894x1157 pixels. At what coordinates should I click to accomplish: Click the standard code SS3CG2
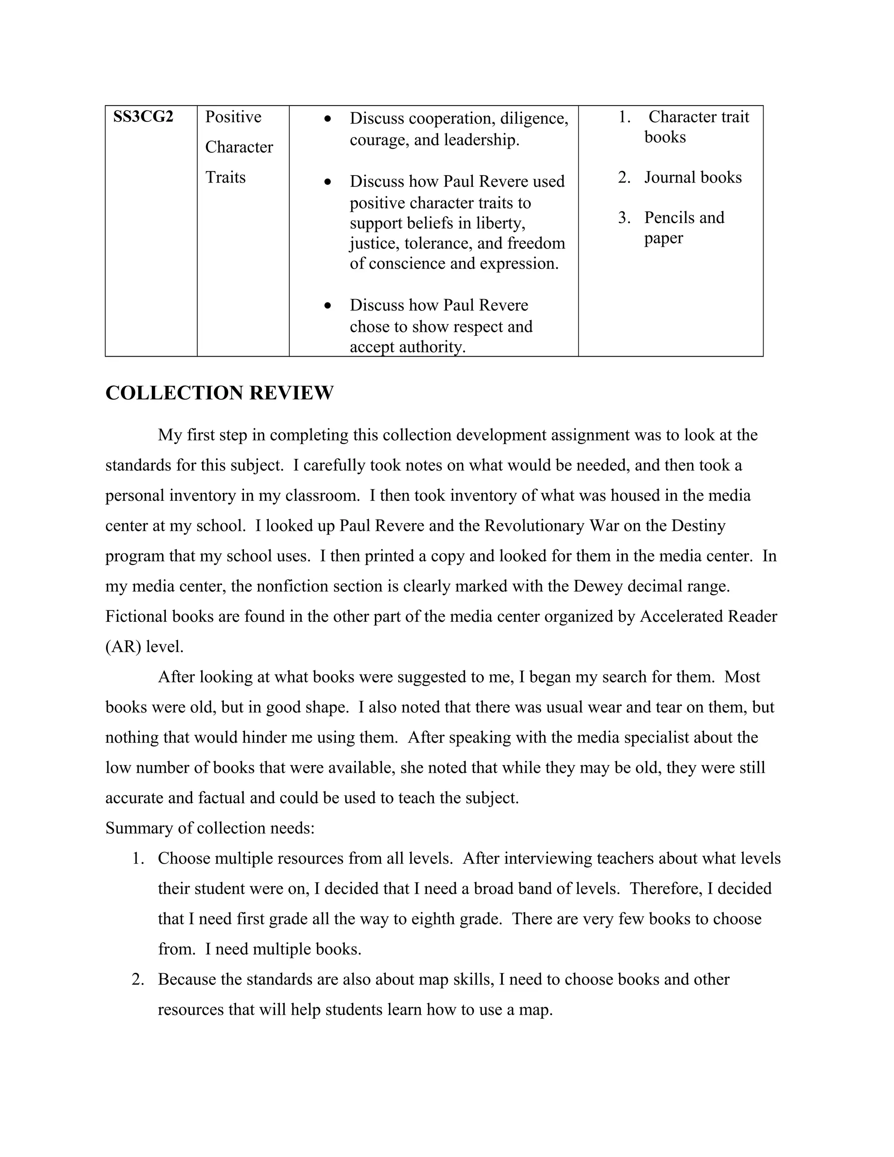pos(143,117)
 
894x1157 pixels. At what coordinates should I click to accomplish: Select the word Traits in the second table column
pos(225,177)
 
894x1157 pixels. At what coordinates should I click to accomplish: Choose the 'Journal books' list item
pos(693,177)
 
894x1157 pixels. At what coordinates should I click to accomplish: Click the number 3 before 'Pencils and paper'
pos(623,218)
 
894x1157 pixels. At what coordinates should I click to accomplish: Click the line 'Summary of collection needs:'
pos(210,828)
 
